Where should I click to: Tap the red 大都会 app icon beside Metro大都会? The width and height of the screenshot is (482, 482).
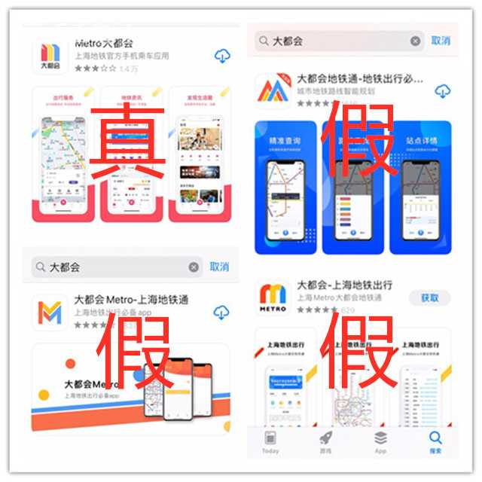pos(50,56)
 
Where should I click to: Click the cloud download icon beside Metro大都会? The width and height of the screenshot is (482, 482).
pos(221,56)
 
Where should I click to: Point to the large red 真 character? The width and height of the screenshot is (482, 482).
pos(128,143)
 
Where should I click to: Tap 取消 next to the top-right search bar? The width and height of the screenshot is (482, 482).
pos(441,41)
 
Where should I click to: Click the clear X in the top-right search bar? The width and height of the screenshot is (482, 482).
pos(416,41)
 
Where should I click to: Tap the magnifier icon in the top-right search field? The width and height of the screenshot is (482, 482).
pos(264,41)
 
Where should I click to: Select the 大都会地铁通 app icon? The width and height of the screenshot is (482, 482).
pos(273,91)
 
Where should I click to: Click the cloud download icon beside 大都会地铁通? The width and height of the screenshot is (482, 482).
pos(443,91)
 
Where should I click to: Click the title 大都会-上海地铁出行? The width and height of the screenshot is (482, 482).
pos(345,285)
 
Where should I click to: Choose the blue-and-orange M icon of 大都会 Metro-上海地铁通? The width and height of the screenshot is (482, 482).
pos(50,312)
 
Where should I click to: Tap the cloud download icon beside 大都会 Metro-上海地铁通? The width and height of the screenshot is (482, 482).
pos(221,312)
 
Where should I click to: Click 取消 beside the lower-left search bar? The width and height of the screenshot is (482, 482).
pos(219,267)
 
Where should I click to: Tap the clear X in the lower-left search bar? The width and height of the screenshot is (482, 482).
pos(194,267)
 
